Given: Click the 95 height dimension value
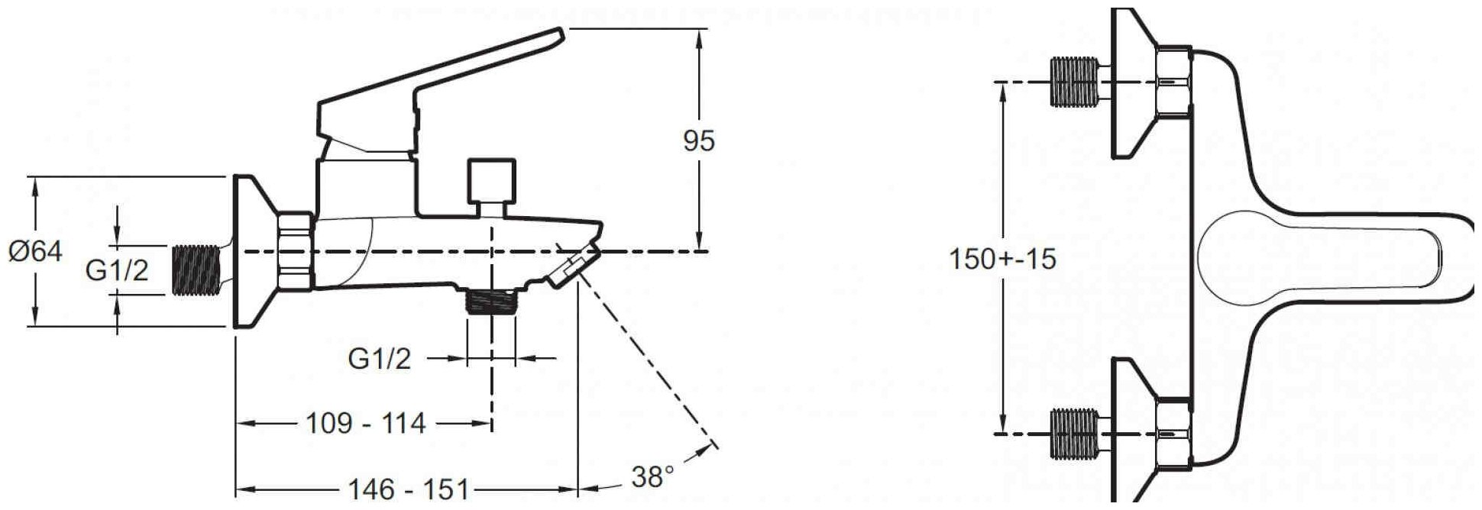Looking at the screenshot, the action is (x=699, y=141).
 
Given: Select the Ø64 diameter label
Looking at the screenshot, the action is (x=35, y=251).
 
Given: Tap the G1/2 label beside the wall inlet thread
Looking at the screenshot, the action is (x=117, y=270).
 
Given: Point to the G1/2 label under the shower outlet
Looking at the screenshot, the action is (x=380, y=358).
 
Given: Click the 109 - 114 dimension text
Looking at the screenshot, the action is (x=365, y=422).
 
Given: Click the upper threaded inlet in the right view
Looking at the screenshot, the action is (x=1073, y=82).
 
